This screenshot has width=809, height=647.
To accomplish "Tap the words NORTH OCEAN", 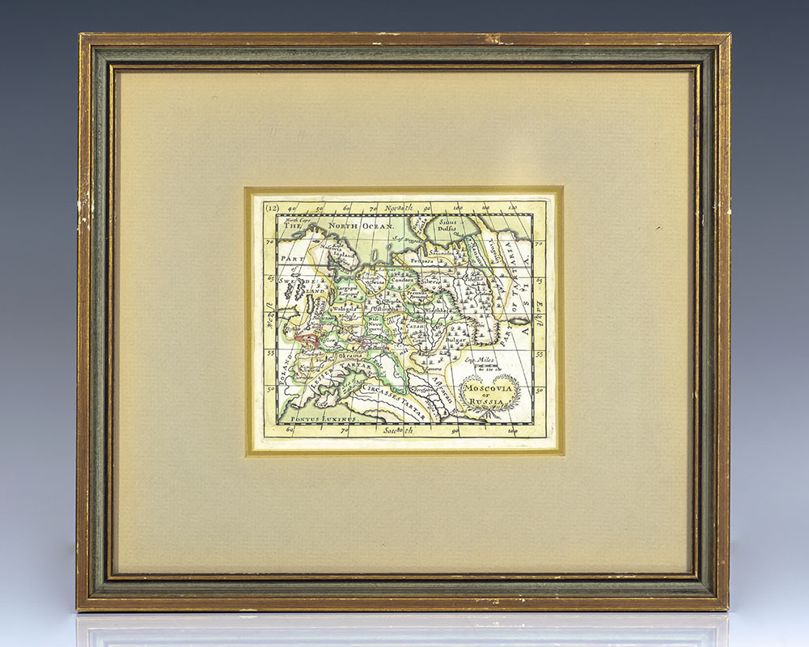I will click(366, 227).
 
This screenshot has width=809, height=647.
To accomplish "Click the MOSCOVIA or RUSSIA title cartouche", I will click(484, 394).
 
